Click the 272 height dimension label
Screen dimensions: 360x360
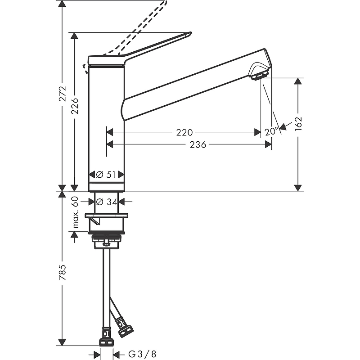tap(63, 94)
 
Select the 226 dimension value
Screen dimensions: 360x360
tap(75, 106)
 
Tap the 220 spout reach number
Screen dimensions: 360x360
tap(184, 132)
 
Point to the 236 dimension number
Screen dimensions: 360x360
tap(198, 144)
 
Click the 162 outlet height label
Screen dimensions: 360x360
tap(298, 124)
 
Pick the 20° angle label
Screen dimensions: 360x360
tap(271, 131)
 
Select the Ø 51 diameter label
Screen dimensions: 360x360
tap(106, 175)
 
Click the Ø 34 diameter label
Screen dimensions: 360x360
tap(107, 202)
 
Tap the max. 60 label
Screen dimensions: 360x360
tap(75, 212)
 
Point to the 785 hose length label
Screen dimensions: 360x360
tap(63, 272)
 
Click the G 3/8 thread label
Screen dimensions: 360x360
tap(142, 354)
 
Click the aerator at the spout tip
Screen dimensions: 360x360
tap(260, 76)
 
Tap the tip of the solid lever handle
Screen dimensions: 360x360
tap(190, 33)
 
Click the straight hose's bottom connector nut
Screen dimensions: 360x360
tap(106, 342)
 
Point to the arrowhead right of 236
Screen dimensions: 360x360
tap(268, 144)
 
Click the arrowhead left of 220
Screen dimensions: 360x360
tap(110, 132)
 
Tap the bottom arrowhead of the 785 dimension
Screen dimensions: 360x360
tap(62, 342)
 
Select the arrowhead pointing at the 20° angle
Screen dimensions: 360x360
tap(283, 126)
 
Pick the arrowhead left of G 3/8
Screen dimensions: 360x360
tap(97, 354)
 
